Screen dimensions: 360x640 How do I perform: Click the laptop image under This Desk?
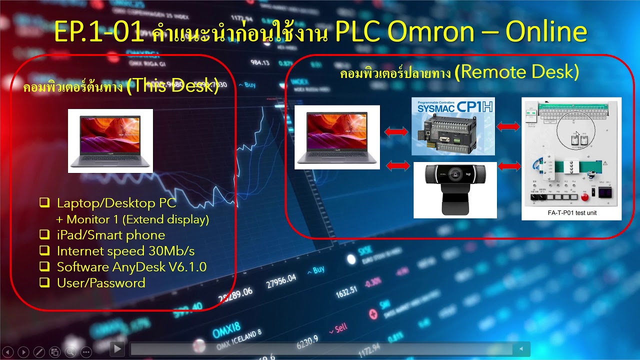110,140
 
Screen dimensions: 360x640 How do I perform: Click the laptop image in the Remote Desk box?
337,137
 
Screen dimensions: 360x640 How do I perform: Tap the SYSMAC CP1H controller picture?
453,126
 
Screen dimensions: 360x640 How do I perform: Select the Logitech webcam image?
455,190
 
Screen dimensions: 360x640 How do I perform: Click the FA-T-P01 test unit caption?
572,213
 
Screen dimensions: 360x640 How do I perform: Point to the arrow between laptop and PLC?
395,131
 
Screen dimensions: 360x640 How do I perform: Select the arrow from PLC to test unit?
508,127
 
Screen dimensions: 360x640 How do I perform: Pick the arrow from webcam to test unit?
509,166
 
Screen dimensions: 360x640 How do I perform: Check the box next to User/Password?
45,282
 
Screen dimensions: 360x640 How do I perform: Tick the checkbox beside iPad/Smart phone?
45,234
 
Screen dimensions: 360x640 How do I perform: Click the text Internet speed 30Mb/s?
125,251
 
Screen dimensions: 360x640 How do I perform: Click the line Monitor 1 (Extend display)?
137,219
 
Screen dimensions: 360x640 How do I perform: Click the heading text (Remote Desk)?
519,72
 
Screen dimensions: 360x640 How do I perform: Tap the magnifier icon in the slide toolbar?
70,352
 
